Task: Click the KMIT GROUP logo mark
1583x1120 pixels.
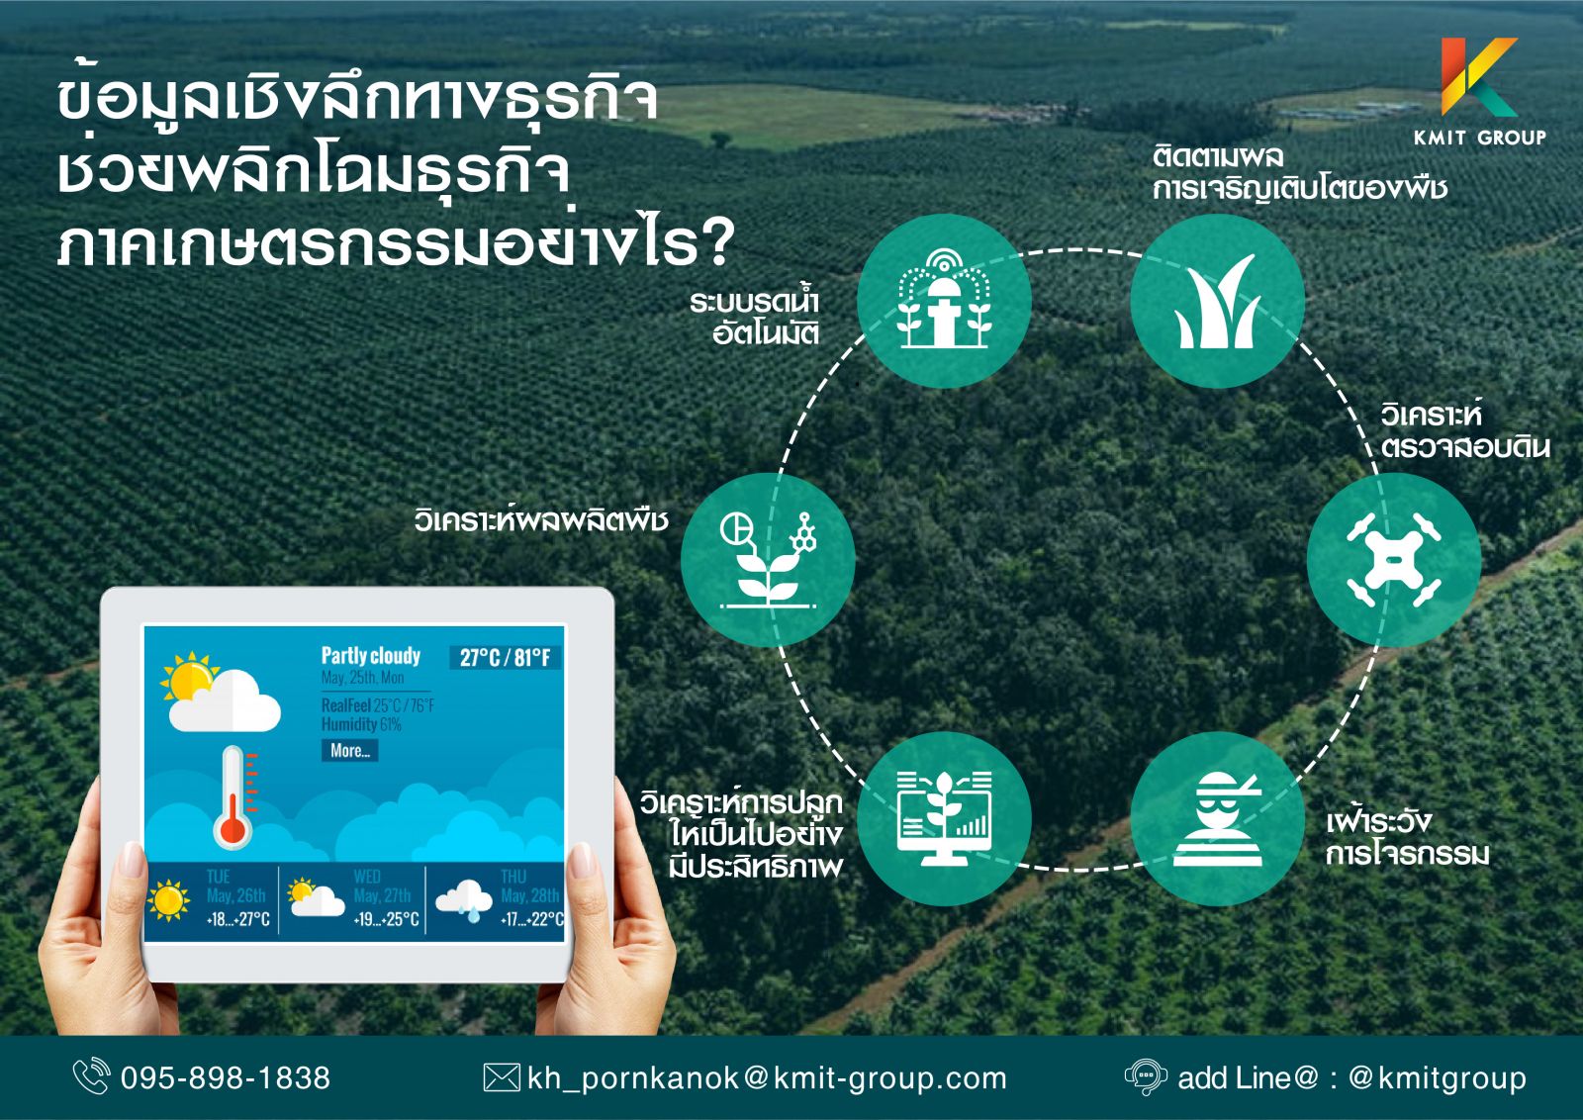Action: [x=1478, y=77]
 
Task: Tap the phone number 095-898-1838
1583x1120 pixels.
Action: [x=226, y=1078]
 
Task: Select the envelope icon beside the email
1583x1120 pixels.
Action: [x=501, y=1077]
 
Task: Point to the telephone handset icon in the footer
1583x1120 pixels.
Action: [x=92, y=1076]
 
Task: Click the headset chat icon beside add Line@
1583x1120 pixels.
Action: [x=1146, y=1077]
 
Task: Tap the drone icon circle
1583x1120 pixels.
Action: [x=1393, y=560]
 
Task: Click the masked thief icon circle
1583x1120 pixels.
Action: [x=1218, y=819]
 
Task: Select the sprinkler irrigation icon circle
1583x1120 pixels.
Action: [x=944, y=302]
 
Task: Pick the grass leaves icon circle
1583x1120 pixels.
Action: [x=1218, y=302]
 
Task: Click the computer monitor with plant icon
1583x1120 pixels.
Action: [x=944, y=819]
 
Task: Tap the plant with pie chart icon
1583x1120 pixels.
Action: [x=768, y=560]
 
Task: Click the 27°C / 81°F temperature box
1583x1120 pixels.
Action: [x=505, y=658]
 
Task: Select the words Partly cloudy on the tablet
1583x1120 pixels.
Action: [x=371, y=656]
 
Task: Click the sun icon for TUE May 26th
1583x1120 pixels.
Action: [x=168, y=900]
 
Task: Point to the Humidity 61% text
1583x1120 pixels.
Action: [x=361, y=724]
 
